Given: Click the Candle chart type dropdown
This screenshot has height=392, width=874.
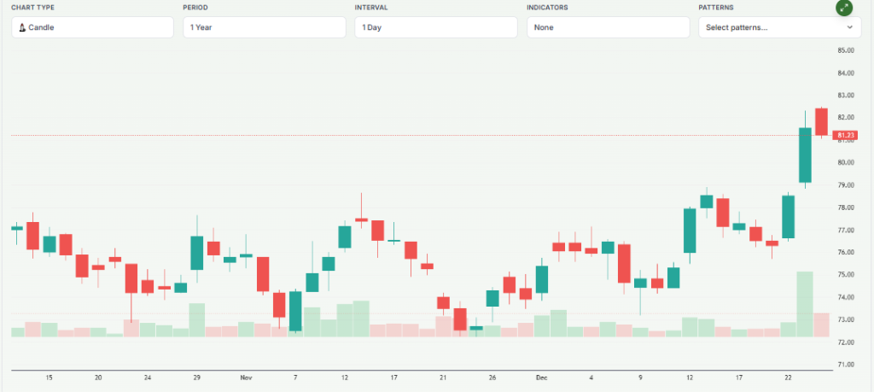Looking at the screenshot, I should click(92, 27).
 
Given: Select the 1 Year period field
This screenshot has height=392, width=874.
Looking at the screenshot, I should click(264, 27).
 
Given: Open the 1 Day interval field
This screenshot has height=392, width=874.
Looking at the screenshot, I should click(435, 27).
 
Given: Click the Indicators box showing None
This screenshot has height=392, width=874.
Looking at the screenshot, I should click(608, 27).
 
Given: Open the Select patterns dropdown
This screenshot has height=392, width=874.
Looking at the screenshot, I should click(779, 27).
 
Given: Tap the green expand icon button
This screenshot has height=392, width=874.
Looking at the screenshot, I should click(843, 8).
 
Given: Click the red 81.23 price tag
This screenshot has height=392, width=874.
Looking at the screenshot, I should click(847, 135).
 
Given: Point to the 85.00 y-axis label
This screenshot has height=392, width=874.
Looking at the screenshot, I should click(847, 50).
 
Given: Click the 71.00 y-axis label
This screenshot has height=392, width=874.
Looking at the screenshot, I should click(847, 365).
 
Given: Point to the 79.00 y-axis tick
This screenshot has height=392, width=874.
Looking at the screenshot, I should click(847, 185).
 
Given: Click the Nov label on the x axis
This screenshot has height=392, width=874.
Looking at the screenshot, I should click(247, 377).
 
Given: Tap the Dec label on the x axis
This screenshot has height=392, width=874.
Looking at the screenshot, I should click(542, 377).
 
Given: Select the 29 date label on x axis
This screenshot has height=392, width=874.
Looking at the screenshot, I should click(196, 377).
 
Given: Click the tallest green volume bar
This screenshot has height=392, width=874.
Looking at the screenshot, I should click(805, 303).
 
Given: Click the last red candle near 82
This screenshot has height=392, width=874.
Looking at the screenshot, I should click(821, 121).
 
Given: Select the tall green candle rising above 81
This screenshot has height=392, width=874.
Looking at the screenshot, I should click(805, 155).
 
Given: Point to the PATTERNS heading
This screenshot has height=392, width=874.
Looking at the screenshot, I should click(715, 8).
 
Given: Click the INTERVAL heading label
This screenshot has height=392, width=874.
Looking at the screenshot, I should click(372, 8).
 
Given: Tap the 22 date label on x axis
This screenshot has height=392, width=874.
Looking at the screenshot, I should click(788, 377).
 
